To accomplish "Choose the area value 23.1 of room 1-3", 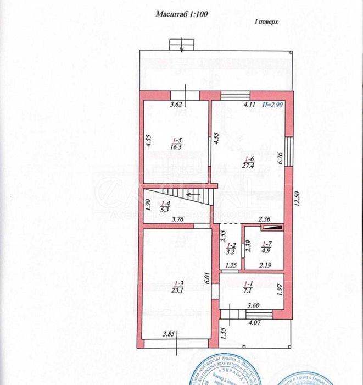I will click(176, 287).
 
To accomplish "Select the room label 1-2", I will click(231, 246).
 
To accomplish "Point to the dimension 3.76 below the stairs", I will click(177, 219).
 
